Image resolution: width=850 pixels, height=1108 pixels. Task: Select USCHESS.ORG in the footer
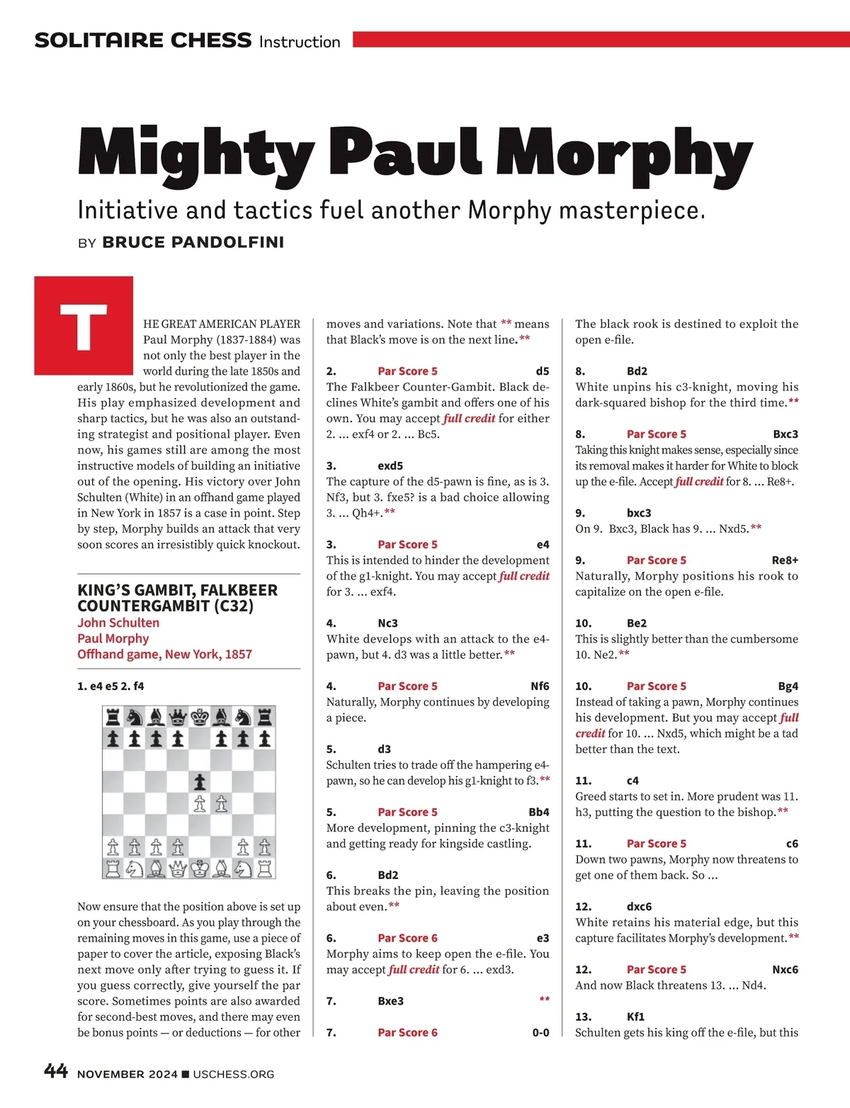coord(233,1074)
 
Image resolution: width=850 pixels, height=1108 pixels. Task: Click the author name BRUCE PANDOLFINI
coord(193,242)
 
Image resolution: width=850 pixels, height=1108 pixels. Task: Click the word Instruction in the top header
coord(300,42)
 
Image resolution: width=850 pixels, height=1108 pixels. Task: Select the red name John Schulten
coord(118,623)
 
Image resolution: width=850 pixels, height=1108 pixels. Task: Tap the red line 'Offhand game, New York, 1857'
coord(164,654)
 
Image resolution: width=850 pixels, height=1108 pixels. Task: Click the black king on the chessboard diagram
coord(200,717)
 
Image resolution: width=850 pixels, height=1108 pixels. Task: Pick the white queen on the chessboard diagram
coord(178,868)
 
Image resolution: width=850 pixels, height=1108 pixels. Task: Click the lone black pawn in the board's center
coord(200,782)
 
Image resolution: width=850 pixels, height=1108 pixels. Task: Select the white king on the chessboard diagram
coord(200,868)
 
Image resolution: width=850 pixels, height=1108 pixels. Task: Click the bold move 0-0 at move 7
coord(540,1033)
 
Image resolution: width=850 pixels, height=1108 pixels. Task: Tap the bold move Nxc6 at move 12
coord(785,970)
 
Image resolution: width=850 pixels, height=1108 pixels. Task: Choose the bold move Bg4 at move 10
coord(788,686)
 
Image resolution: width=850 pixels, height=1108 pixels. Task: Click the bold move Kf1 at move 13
coord(635,1017)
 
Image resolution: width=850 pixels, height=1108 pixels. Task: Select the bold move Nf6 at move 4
coord(540,686)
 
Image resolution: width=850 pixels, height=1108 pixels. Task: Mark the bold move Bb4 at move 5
coord(538,813)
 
